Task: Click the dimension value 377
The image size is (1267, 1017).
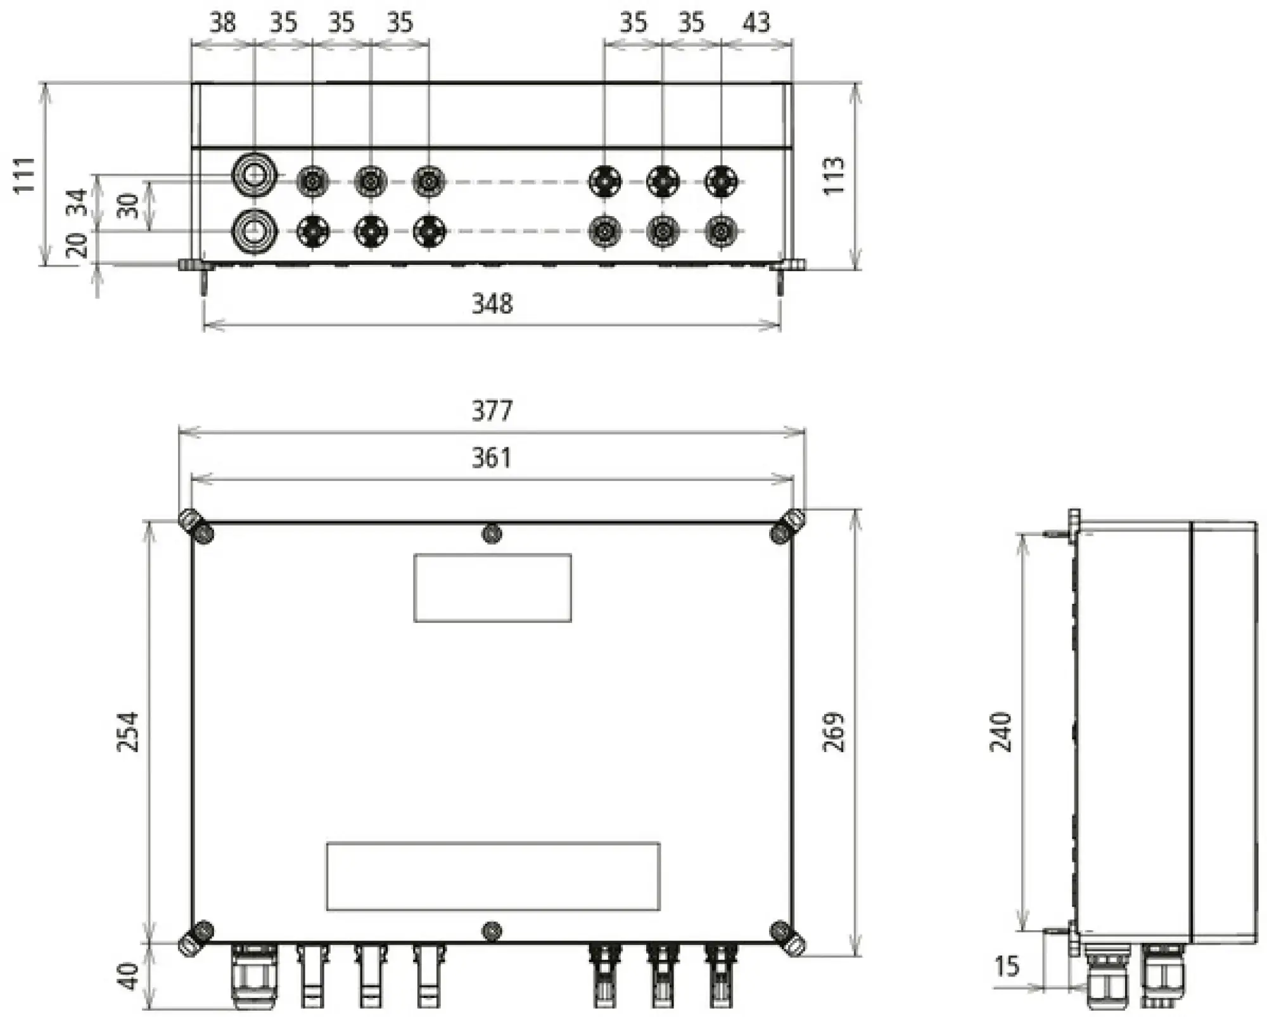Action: point(492,411)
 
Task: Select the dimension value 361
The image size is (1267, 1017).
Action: point(492,457)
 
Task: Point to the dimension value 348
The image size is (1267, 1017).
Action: point(492,304)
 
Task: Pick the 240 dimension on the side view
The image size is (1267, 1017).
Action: point(1001,732)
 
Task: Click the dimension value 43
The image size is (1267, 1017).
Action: point(756,23)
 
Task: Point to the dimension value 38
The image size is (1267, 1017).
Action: point(222,23)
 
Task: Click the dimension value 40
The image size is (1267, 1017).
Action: point(129,976)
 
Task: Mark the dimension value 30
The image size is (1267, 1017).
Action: point(129,206)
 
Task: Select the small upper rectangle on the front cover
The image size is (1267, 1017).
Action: point(492,587)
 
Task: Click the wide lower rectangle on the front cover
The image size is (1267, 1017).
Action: point(493,876)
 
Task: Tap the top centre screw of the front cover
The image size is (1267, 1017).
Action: point(492,534)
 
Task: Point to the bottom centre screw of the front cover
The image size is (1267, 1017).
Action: point(492,931)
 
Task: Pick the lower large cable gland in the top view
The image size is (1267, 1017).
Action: point(254,231)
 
